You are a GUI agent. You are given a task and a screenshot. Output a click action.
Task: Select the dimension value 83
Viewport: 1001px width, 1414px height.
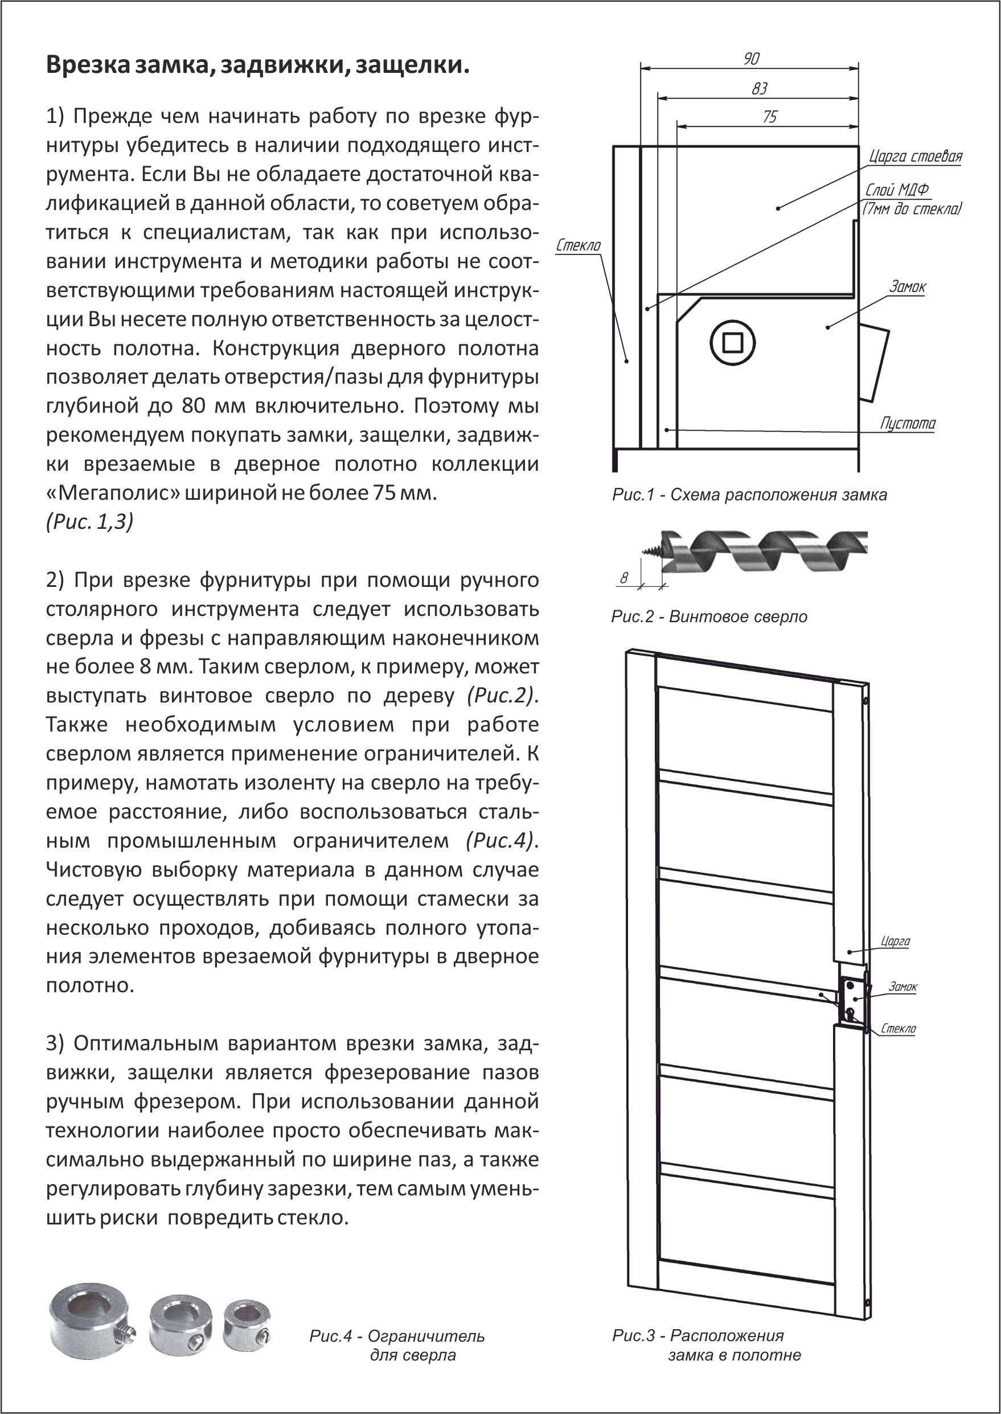760,89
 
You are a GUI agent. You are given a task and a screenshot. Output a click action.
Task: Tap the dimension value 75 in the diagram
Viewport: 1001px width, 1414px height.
770,117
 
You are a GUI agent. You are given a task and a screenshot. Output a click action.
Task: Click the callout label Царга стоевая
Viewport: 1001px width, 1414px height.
916,157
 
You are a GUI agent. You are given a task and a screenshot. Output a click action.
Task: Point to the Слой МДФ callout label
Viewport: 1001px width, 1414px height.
897,190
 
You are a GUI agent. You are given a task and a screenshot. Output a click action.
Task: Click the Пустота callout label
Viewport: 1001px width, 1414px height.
907,424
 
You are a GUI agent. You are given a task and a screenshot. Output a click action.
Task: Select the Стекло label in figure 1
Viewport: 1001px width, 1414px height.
578,245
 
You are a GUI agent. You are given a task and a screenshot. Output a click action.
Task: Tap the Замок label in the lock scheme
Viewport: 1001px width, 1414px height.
907,286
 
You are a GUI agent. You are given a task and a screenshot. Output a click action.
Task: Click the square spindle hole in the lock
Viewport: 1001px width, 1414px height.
732,343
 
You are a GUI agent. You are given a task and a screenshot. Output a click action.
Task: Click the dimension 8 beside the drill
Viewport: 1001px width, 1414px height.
624,578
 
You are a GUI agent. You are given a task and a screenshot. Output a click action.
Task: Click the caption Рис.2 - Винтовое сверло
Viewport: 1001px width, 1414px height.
709,616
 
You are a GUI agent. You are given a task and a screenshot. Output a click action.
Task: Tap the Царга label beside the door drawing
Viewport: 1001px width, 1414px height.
895,942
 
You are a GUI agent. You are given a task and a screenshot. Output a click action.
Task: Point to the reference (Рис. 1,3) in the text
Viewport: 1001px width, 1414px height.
90,522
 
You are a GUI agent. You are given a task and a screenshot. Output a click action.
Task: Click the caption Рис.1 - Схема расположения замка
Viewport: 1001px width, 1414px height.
749,495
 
